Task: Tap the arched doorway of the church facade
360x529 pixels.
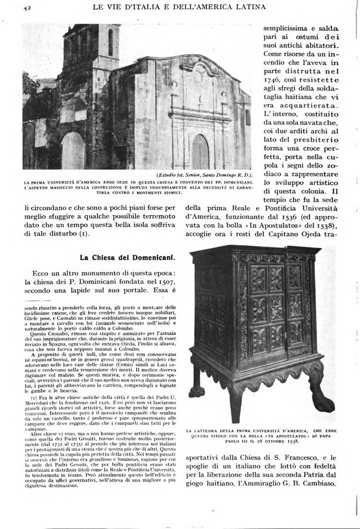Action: point(200,152)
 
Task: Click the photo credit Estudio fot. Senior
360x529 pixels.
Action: point(189,175)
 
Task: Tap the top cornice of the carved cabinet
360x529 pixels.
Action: point(256,250)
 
